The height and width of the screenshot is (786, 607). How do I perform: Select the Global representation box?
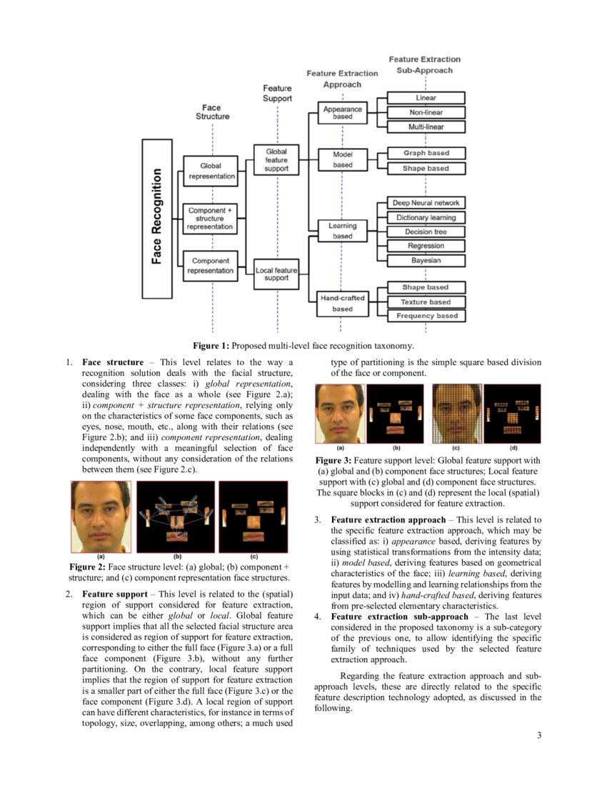pos(212,171)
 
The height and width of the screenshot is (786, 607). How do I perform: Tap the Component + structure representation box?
pos(210,218)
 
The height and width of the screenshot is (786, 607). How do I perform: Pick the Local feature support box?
pos(276,274)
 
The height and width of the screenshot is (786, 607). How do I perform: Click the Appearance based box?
pos(343,113)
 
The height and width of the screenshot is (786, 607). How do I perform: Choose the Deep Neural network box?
pos(426,203)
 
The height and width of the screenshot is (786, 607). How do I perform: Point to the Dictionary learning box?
pos(426,217)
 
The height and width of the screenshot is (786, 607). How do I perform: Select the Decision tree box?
pos(426,232)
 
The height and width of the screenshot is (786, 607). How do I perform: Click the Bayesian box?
pos(426,260)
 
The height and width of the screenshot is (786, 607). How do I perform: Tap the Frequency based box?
pos(426,315)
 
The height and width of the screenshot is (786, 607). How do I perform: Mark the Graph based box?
pos(426,153)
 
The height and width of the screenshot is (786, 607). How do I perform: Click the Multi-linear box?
pos(426,126)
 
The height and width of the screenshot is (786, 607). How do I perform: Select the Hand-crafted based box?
pos(343,303)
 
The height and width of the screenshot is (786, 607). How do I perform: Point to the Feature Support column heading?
pos(277,93)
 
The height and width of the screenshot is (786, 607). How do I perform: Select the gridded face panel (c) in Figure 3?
pos(456,414)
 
